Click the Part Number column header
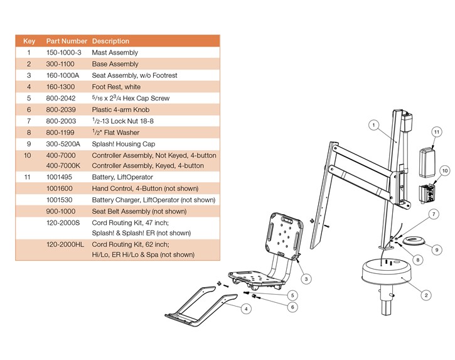pyautogui.click(x=66, y=41)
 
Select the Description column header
pyautogui.click(x=110, y=41)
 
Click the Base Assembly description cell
pyautogui.click(x=115, y=64)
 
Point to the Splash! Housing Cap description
pyautogui.click(x=123, y=143)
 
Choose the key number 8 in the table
pyautogui.click(x=28, y=132)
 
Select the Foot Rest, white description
pyautogui.click(x=116, y=87)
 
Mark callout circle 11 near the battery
pyautogui.click(x=435, y=131)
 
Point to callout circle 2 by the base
pyautogui.click(x=426, y=294)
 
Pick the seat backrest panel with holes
pyautogui.click(x=283, y=232)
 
